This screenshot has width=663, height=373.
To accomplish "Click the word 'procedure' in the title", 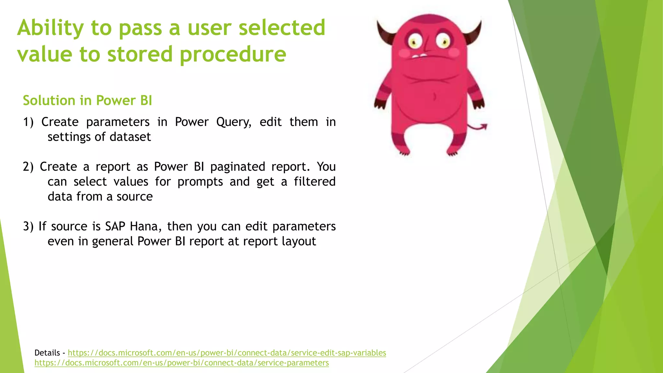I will click(x=233, y=54).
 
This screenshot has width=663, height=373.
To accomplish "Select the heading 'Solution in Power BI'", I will click(x=87, y=101).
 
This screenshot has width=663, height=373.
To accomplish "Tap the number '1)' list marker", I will click(x=28, y=122).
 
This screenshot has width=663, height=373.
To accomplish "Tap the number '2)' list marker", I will click(x=28, y=167).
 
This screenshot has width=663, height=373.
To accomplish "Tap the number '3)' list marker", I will click(x=28, y=227).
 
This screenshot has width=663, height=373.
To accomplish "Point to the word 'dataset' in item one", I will click(x=130, y=137).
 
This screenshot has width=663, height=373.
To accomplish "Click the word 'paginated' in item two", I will click(x=238, y=167).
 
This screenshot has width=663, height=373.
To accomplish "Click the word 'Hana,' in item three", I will click(x=145, y=227).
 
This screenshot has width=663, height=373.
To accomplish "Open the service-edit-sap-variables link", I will click(x=227, y=353).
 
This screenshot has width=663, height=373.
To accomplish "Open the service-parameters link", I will click(x=182, y=363).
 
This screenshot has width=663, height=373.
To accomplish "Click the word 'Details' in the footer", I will click(x=47, y=353).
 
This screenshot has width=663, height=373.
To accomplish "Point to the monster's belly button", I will click(x=434, y=96).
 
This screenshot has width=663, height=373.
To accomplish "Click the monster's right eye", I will click(x=443, y=41).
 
